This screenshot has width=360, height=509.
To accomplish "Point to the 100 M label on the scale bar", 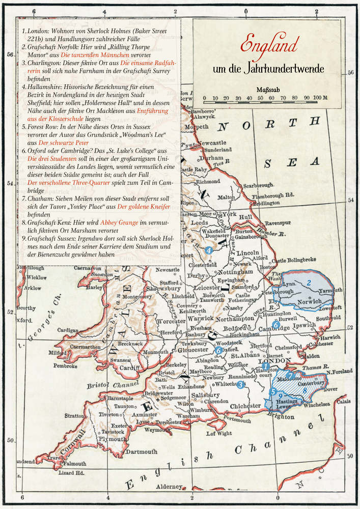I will pyautogui.click(x=321, y=98).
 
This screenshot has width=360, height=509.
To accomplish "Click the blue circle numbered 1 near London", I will pyautogui.click(x=265, y=366).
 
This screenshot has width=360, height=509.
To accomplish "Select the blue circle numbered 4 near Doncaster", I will pyautogui.click(x=208, y=250).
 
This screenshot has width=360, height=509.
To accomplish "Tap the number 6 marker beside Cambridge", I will pyautogui.click(x=276, y=324).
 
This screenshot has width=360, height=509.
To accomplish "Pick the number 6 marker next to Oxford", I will pyautogui.click(x=218, y=350).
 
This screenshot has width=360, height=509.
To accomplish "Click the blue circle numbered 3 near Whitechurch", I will pyautogui.click(x=240, y=385).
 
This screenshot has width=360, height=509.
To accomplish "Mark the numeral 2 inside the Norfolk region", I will pyautogui.click(x=309, y=282).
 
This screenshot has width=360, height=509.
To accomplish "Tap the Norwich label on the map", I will pyautogui.click(x=310, y=301).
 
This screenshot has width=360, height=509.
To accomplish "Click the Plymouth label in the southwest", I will pyautogui.click(x=113, y=439).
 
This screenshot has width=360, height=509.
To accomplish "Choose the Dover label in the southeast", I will pyautogui.click(x=331, y=389).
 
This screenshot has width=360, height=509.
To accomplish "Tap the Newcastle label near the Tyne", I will pyautogui.click(x=212, y=143).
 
